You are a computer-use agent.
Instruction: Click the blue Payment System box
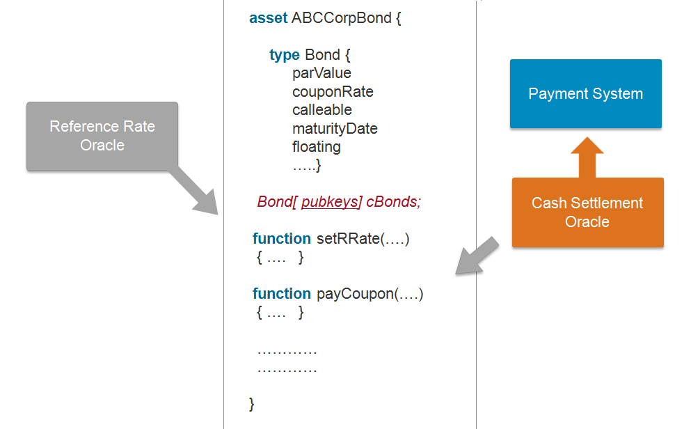586,93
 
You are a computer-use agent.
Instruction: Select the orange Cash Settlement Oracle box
587,212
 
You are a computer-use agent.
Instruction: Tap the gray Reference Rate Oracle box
102,136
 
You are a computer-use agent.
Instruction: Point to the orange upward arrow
587,157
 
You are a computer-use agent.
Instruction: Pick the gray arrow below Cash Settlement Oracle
477,256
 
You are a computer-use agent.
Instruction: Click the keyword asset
268,18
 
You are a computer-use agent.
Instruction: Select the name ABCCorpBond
342,18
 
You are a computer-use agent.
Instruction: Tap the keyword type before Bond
284,55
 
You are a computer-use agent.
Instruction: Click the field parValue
321,72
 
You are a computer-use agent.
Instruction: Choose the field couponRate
333,92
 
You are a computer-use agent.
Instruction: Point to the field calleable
322,110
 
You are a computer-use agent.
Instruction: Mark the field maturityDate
335,129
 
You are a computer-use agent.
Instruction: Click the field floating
317,147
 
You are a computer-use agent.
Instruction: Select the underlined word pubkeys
330,201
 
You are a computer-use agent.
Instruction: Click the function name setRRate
348,239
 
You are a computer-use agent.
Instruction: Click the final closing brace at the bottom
252,404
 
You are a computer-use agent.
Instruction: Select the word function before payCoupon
282,294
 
